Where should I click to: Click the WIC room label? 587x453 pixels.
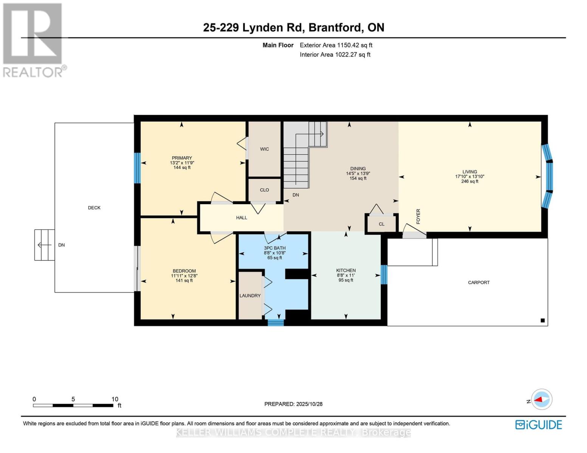[x=264, y=149]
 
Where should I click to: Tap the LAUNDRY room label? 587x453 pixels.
[x=250, y=296]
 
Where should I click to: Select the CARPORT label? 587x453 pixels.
[x=479, y=282]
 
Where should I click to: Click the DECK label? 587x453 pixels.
[x=94, y=208]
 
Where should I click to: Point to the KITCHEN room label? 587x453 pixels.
[x=346, y=270]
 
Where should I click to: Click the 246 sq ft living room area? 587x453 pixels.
[x=469, y=181]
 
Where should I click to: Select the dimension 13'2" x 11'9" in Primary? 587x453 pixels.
[x=182, y=163]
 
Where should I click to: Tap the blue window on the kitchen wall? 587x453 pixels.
[x=384, y=274]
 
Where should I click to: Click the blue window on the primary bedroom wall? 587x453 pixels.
[x=138, y=168]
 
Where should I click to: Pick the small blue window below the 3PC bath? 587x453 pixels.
[x=276, y=322]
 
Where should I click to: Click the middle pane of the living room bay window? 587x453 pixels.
[x=550, y=176]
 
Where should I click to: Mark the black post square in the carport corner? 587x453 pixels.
[x=542, y=320]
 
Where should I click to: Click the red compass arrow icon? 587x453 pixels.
[x=541, y=399]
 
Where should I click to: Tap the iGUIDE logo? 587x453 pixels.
[x=538, y=425]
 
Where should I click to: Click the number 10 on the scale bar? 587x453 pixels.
[x=115, y=399]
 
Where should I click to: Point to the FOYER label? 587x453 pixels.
[x=418, y=216]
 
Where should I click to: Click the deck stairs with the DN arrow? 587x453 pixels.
[x=45, y=245]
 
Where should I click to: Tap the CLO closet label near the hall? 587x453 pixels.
[x=264, y=190]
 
